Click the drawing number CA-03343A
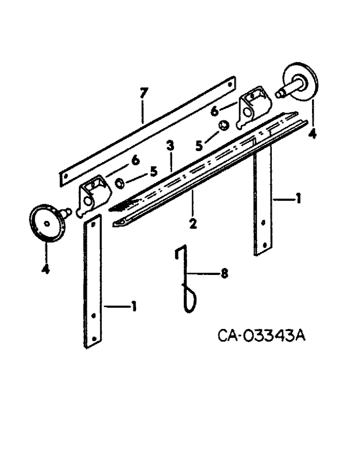[261, 336]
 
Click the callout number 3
[171, 146]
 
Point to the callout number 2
[193, 224]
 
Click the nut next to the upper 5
[224, 126]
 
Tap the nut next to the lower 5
[119, 184]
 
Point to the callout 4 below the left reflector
[45, 269]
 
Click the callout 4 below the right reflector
[312, 134]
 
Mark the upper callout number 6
[215, 111]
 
